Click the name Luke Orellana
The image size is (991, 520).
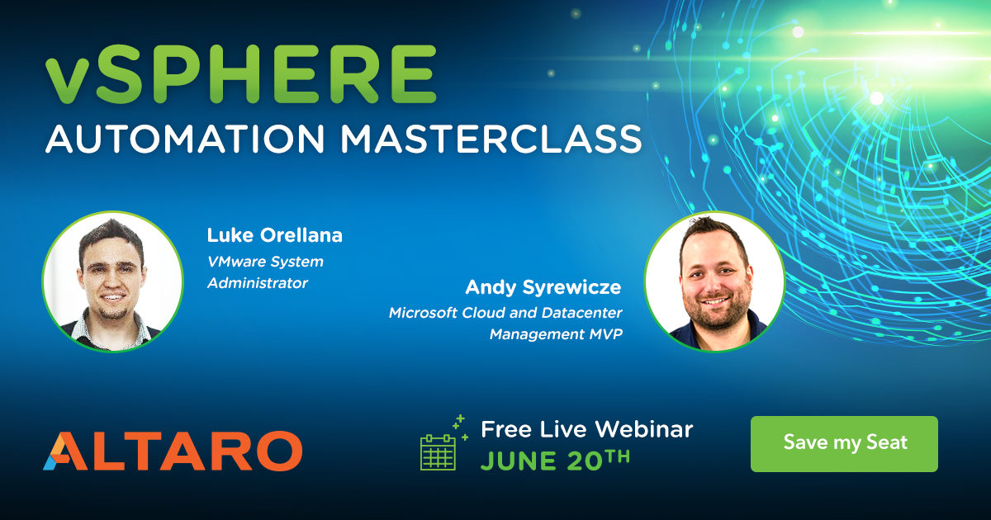click(274, 236)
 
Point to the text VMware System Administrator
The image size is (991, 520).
click(264, 272)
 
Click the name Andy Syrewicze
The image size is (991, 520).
click(543, 287)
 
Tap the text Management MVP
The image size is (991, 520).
click(555, 334)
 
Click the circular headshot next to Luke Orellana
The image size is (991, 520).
click(112, 281)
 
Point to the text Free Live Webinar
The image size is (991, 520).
click(586, 429)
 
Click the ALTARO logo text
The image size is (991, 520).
click(173, 451)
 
